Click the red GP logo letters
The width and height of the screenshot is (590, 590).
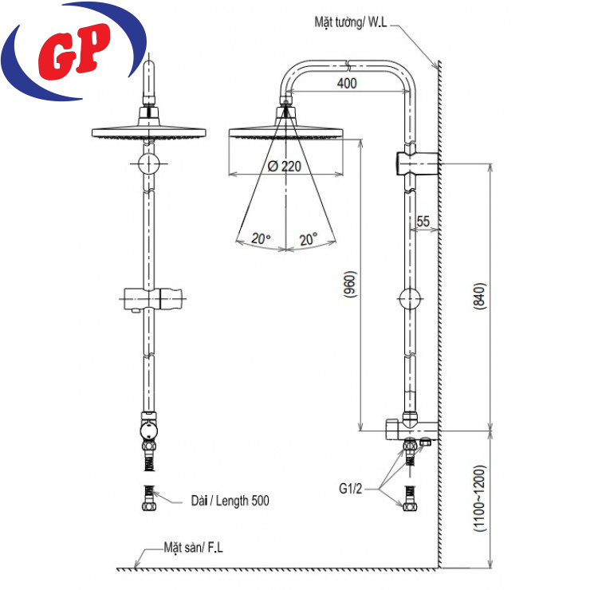pos(74,51)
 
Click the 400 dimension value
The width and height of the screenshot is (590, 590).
pos(347,83)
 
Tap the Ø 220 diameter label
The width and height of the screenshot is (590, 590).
pos(285,166)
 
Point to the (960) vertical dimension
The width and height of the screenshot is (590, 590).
pos(350,285)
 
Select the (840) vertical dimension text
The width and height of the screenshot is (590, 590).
pos(479,296)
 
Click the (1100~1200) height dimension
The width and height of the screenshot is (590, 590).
pos(480,498)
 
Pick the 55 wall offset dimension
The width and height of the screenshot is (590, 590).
pos(423,222)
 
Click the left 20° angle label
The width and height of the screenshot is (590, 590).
pos(261,238)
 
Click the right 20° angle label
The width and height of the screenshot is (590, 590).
pos(309,239)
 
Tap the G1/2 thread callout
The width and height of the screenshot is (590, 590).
pos(350,489)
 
